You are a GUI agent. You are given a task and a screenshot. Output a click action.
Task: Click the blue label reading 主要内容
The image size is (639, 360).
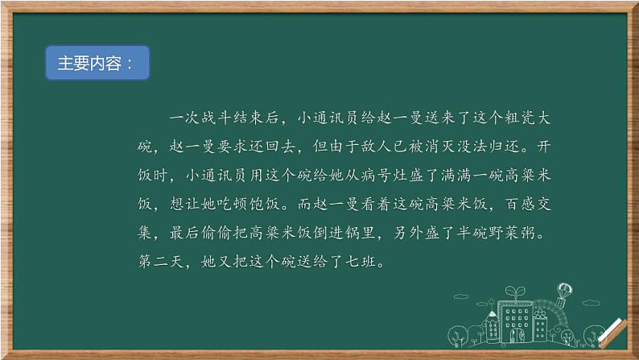pos(97,64)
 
